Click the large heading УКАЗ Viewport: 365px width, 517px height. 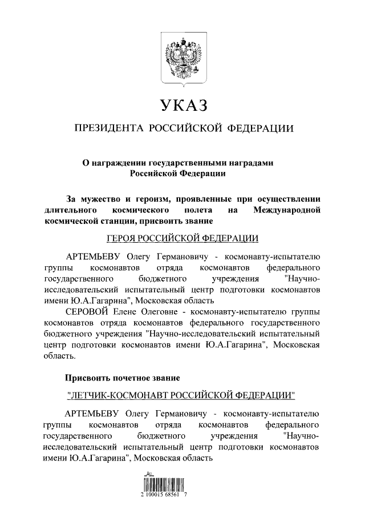pyautogui.click(x=182, y=106)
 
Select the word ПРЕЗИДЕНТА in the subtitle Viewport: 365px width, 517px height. pyautogui.click(x=107, y=128)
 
